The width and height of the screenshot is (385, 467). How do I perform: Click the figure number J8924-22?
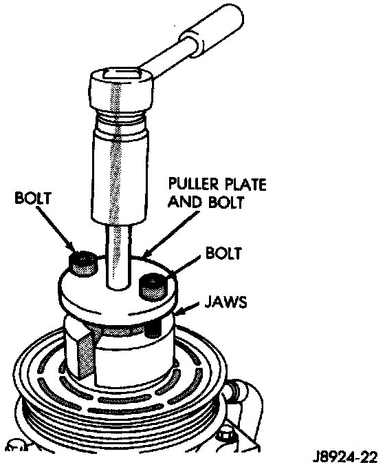pos(345,457)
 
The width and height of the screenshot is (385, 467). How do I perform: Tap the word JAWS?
pos(225,302)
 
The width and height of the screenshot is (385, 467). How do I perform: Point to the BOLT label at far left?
pos(33,198)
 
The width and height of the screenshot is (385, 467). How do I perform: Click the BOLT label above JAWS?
pos(223,253)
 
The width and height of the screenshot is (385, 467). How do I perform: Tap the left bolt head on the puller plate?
pos(83,264)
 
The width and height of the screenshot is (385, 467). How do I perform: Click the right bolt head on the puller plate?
pos(152,288)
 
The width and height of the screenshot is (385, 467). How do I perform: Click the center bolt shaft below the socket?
pos(118,257)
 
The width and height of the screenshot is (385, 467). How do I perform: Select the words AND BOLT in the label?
pos(206,202)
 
